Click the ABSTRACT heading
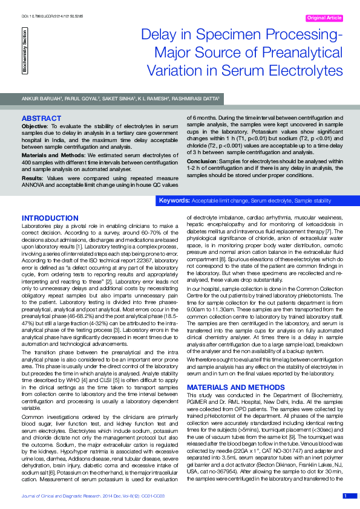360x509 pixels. (x=41, y=118)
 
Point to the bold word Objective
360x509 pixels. (x=34, y=125)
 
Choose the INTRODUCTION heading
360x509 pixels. (x=50, y=218)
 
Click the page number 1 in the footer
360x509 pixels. (x=345, y=496)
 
